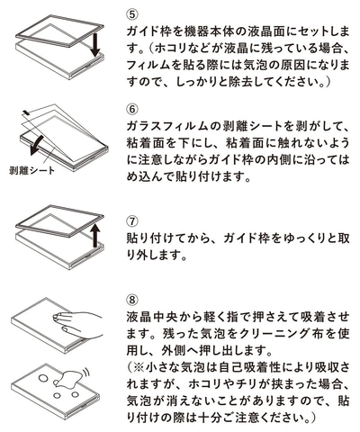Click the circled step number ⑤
coord(132,13)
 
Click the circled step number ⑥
coord(132,109)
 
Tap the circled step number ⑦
coord(132,221)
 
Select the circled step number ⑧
coord(132,300)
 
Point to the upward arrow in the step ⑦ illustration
coord(95,236)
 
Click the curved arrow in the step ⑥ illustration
coord(38,146)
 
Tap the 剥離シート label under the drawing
coord(32,171)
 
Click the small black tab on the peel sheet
coord(26,112)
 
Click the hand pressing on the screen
coord(78,325)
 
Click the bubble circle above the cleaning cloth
coord(44,376)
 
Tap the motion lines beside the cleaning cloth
coord(87,373)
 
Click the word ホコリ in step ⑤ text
coord(173,48)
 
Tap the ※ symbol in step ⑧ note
coord(139,367)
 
